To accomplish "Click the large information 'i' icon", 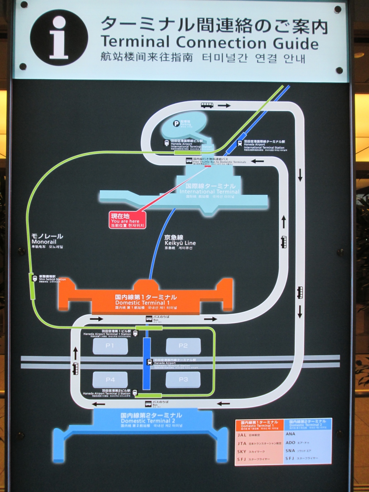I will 59,38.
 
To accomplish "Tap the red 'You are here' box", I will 128,220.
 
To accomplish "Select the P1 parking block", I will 110,346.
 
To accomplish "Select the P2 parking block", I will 183,346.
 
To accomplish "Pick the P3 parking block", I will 183,380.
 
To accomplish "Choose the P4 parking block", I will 110,380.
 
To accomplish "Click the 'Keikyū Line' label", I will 180,243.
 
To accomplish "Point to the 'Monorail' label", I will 47,241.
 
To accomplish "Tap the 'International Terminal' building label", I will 209,191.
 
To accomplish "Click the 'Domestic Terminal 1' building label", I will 143,303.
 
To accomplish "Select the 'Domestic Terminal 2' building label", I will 151,421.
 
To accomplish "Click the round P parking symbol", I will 176,123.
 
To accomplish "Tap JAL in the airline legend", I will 242,435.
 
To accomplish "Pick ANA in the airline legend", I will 291,434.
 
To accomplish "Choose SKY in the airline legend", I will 242,452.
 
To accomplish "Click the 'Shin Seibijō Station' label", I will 52,279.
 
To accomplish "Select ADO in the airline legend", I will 291,442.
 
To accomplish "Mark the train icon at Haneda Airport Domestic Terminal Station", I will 149,362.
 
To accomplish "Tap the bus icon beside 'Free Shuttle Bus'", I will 189,161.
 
